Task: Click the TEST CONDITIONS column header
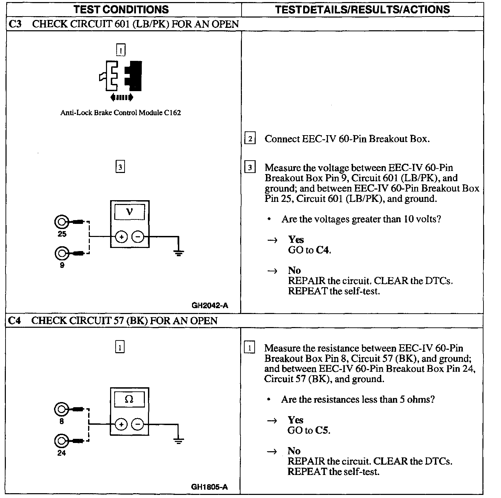[x=121, y=9]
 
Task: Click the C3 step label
[x=15, y=24]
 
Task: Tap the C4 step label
[x=14, y=321]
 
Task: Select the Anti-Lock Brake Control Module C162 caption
[x=120, y=112]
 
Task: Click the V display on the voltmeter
[x=129, y=212]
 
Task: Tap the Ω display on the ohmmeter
[x=129, y=399]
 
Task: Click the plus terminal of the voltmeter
[x=121, y=237]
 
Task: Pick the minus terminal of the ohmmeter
[x=138, y=425]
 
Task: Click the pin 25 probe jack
[x=61, y=222]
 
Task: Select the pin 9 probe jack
[x=61, y=253]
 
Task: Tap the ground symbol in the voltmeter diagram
[x=178, y=254]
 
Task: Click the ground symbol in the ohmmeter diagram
[x=178, y=441]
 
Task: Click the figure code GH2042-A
[x=210, y=305]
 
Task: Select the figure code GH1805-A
[x=210, y=487]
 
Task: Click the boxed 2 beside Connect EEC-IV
[x=250, y=139]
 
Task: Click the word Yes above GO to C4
[x=296, y=239]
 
